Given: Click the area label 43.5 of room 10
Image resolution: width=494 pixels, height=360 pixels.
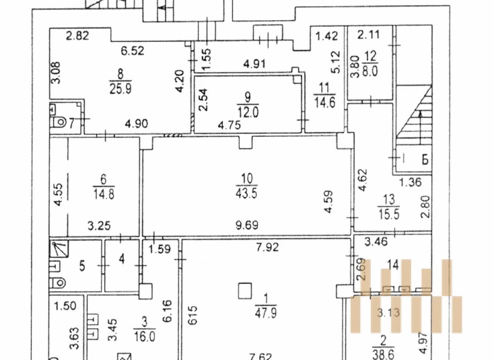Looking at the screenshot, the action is (246, 192).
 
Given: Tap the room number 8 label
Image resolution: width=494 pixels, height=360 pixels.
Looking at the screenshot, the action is (120, 75).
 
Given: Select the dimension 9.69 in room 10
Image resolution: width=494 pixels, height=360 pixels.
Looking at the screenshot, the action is (247, 225).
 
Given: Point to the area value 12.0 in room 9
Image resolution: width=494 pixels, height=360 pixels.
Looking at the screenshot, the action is (248, 112).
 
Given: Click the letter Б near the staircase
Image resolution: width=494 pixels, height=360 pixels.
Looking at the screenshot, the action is (425, 159).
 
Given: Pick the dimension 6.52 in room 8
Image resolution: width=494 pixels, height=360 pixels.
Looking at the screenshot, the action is (133, 50).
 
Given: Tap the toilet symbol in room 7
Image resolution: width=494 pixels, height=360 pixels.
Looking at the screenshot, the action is (59, 122).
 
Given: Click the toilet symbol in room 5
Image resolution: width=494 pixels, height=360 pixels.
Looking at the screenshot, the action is (58, 283).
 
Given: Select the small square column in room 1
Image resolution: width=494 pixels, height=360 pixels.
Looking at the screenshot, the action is (245, 291).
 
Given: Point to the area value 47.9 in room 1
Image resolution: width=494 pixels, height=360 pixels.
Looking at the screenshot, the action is (266, 314).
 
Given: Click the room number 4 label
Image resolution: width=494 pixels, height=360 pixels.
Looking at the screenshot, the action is (122, 259).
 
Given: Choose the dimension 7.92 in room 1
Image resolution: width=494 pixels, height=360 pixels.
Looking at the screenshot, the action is (267, 247).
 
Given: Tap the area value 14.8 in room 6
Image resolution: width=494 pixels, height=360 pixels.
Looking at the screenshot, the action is (104, 194).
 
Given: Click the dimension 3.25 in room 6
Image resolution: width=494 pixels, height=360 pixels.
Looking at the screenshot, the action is (99, 226).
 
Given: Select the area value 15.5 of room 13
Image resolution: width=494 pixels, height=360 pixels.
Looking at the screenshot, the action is (389, 214).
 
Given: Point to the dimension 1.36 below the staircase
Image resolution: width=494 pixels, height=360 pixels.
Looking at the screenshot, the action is (410, 182).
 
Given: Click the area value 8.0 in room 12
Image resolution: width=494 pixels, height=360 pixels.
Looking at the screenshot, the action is (369, 71).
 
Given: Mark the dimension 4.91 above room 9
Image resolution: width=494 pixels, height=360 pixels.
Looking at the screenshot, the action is (254, 64).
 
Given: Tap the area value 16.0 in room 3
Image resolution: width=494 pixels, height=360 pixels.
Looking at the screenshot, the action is (144, 336).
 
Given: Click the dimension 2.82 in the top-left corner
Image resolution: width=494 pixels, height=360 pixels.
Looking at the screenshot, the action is (77, 35).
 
